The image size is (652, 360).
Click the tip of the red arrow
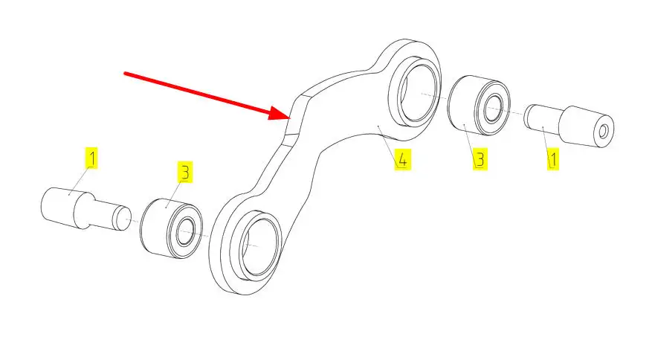(x=289, y=116)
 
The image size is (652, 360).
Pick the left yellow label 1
(x=91, y=158)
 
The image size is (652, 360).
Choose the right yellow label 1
(x=553, y=158)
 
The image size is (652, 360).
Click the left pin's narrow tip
(x=121, y=218)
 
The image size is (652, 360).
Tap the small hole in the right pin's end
(x=603, y=132)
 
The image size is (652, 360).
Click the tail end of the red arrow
(x=126, y=73)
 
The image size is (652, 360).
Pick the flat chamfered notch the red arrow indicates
(x=292, y=116)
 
